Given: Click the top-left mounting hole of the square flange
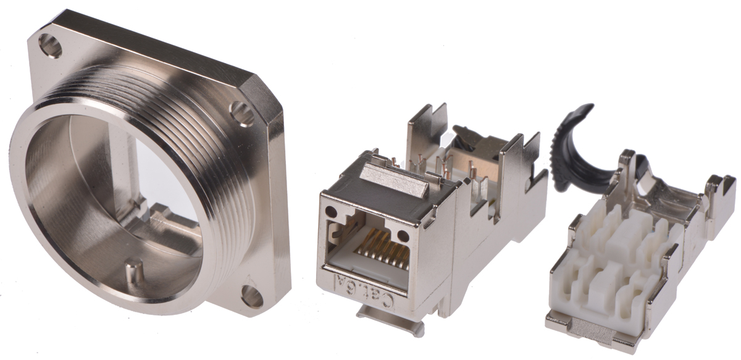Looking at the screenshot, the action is click(x=50, y=46).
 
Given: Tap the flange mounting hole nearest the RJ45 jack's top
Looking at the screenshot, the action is click(x=243, y=114).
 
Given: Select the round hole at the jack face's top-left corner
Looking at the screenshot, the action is click(x=330, y=211).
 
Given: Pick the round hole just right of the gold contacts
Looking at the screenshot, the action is click(x=403, y=236).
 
